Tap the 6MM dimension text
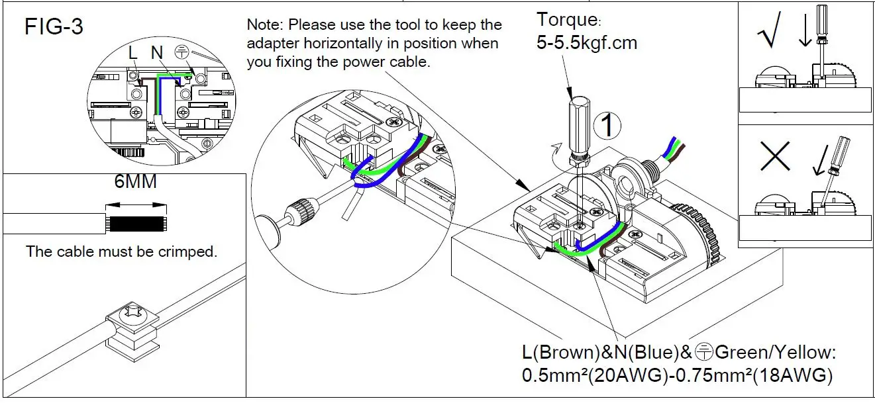point(136,181)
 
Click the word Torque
point(567,20)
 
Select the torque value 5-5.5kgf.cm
point(586,43)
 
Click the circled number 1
point(607,125)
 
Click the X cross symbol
point(776,157)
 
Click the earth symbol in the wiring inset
point(181,52)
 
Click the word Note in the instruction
point(262,26)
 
